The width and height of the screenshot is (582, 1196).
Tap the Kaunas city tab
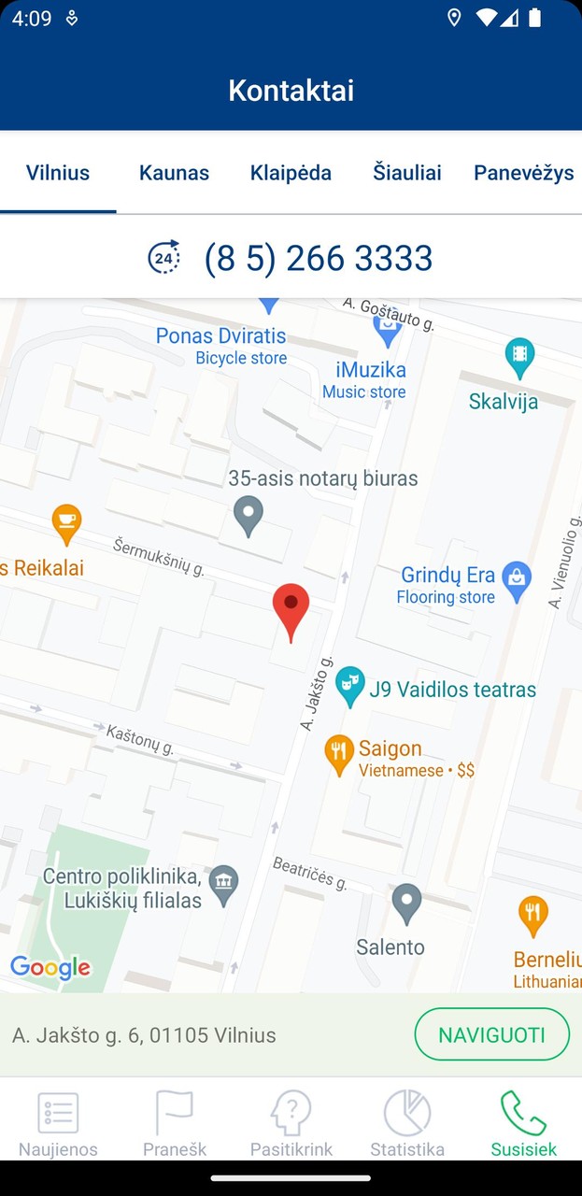click(x=174, y=173)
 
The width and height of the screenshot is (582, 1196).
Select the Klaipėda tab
click(x=291, y=173)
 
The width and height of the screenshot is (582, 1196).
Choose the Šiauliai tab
click(x=407, y=173)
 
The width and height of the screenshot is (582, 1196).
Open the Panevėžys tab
click(x=523, y=173)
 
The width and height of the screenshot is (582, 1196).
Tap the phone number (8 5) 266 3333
click(x=319, y=258)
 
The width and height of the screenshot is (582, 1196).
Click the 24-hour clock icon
click(x=164, y=257)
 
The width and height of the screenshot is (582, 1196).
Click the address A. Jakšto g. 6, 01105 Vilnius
click(x=144, y=1035)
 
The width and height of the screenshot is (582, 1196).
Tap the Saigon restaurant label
click(x=390, y=748)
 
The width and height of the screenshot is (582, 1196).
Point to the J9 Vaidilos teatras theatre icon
click(x=349, y=688)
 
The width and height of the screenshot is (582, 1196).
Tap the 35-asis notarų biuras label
click(x=323, y=478)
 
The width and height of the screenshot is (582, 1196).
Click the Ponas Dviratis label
click(x=221, y=335)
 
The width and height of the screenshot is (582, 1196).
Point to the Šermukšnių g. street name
click(x=159, y=556)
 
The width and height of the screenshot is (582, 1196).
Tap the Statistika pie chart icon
click(x=407, y=1113)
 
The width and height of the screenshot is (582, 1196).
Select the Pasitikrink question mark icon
click(x=291, y=1113)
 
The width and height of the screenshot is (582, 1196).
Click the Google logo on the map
click(x=50, y=968)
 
